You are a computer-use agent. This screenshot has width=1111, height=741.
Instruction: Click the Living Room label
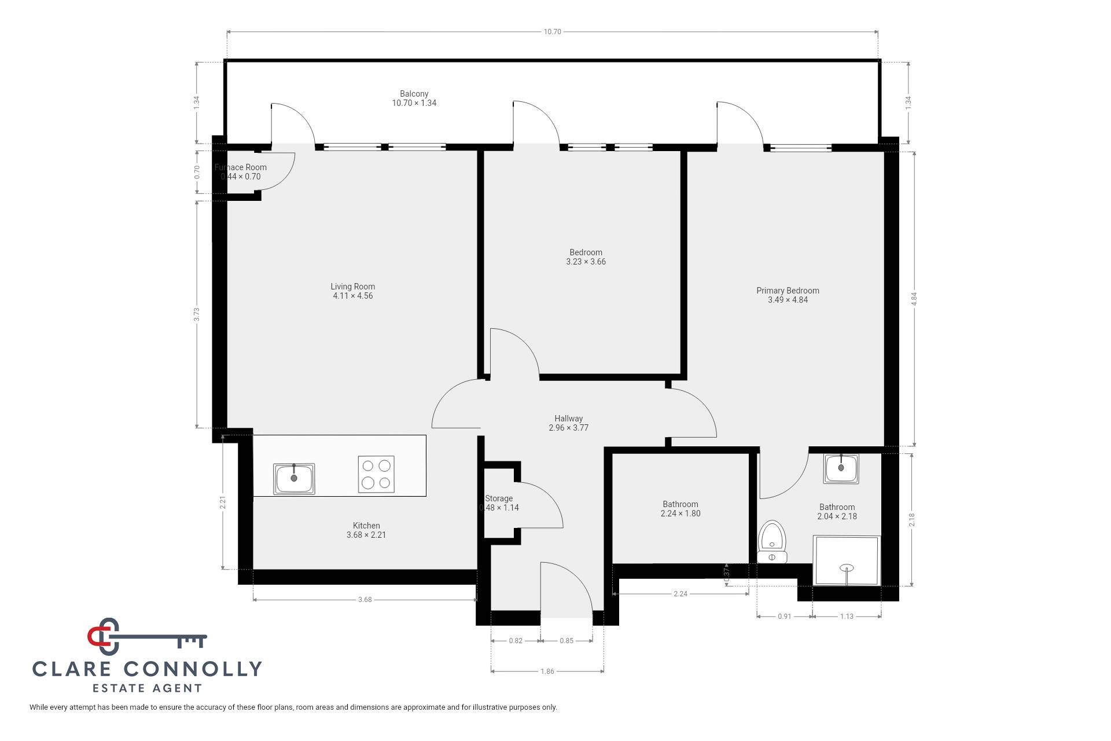click(x=353, y=287)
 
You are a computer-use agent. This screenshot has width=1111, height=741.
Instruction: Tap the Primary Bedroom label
click(x=788, y=291)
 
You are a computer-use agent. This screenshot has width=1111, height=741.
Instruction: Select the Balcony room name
click(x=414, y=94)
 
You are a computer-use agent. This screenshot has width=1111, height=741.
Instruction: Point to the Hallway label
click(x=569, y=419)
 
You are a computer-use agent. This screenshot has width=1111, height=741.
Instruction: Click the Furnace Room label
click(x=241, y=167)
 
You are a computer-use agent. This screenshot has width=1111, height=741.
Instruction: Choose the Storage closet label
click(x=499, y=498)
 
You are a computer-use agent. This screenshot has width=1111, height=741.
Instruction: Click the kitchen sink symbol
click(x=294, y=478)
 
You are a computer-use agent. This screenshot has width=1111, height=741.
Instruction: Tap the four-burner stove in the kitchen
click(x=376, y=474)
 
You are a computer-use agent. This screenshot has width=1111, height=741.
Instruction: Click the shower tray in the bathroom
click(x=847, y=560)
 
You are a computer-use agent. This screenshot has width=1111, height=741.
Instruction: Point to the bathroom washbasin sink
click(x=842, y=468)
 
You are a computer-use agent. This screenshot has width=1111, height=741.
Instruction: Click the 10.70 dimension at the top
click(x=553, y=32)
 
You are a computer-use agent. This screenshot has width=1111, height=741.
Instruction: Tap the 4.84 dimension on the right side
click(x=914, y=299)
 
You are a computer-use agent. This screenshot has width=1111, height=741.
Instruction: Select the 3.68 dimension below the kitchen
click(x=365, y=600)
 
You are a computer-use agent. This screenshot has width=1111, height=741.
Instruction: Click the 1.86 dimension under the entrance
click(x=547, y=672)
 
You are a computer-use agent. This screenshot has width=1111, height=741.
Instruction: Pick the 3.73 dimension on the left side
click(x=197, y=314)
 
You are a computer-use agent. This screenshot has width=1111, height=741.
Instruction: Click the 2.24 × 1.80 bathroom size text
click(x=680, y=513)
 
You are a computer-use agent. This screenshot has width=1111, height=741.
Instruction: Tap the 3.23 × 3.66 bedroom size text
click(x=586, y=262)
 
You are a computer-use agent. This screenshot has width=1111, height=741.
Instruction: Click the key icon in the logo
click(x=147, y=637)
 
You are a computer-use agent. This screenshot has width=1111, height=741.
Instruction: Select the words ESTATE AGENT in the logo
click(x=148, y=688)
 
